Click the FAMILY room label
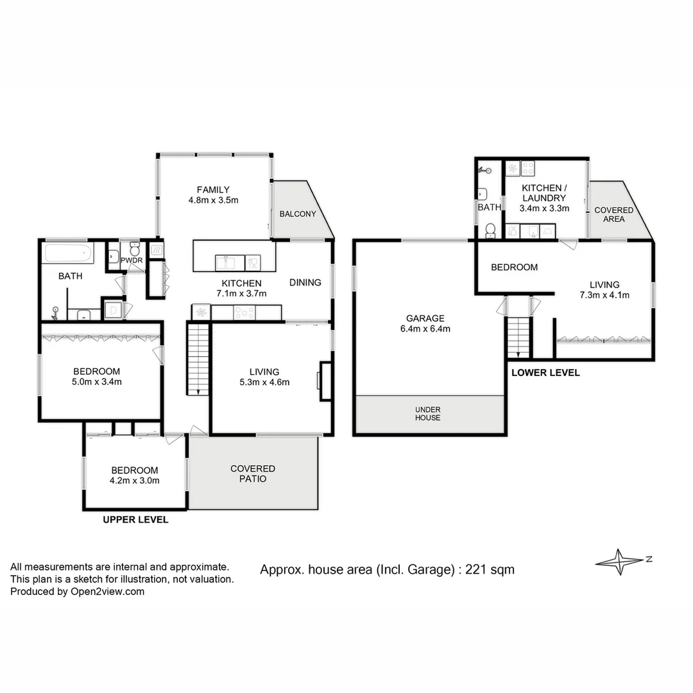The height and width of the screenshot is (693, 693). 213,189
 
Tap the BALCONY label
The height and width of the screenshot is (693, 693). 298,214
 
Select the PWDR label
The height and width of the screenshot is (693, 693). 132,260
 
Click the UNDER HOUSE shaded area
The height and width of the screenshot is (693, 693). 428,414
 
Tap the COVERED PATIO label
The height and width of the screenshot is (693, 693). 253,474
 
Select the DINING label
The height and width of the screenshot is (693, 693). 305,282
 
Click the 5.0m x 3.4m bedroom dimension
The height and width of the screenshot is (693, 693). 97,382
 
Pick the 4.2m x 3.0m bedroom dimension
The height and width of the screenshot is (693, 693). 135,480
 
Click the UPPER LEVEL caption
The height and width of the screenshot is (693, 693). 136,520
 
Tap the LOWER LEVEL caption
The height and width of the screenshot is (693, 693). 545,372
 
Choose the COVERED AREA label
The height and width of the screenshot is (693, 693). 613,214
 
